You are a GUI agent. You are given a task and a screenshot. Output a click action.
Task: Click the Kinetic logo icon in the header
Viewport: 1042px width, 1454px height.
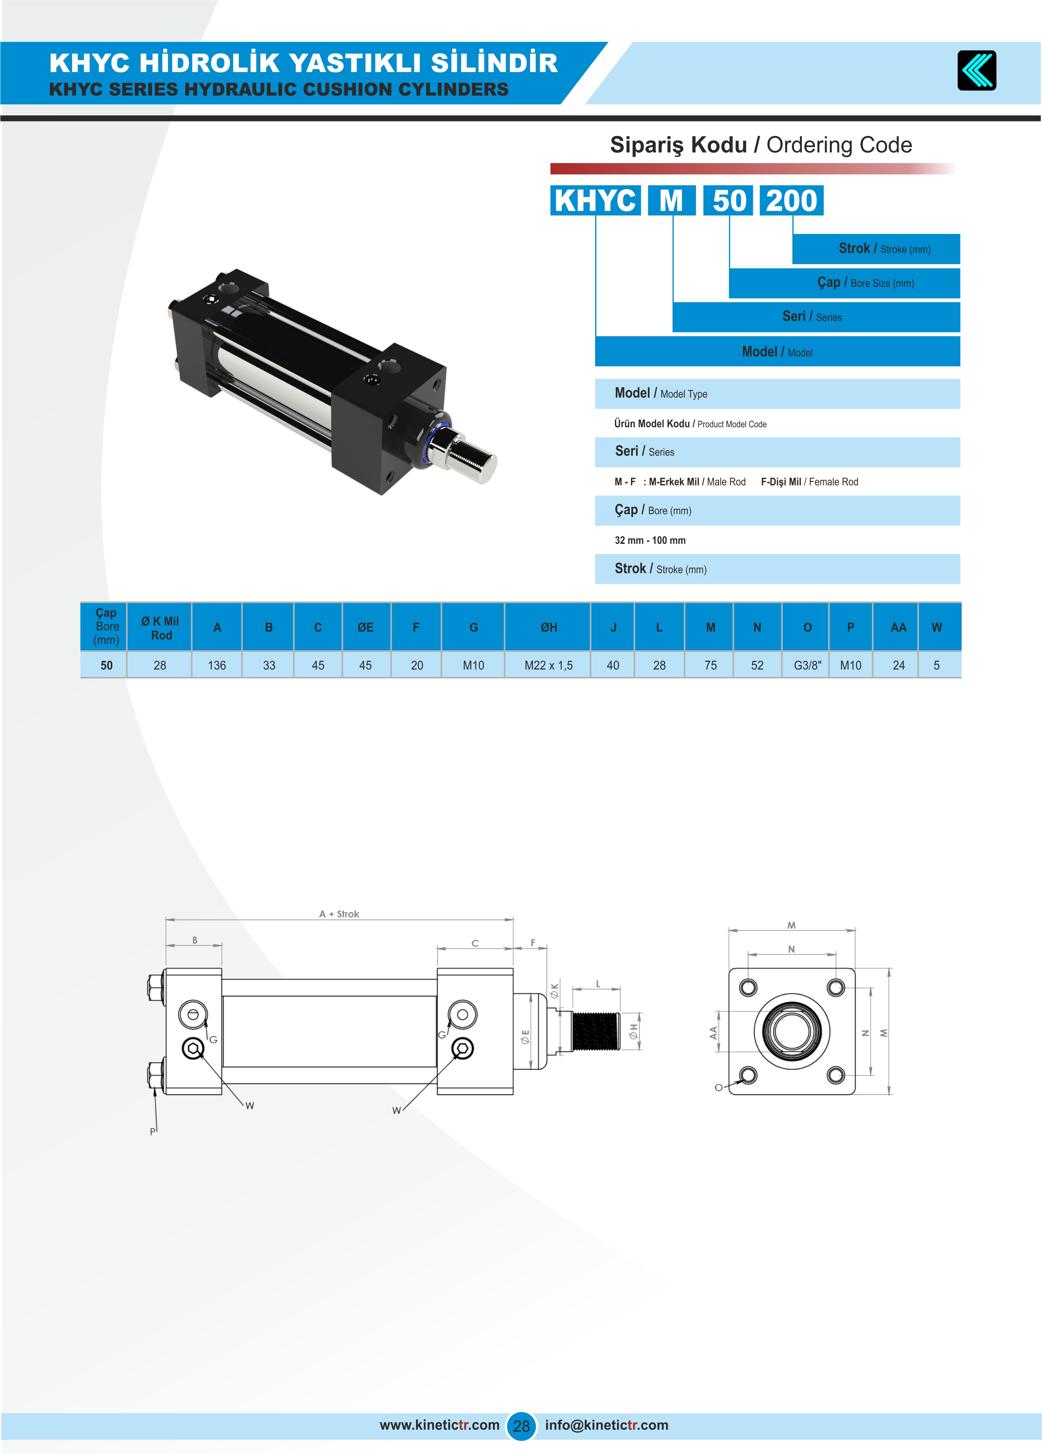(x=976, y=70)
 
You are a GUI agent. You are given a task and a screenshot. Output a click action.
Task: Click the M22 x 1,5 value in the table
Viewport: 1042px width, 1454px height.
(x=549, y=665)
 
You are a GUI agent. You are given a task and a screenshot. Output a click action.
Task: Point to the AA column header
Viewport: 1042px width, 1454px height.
(x=898, y=627)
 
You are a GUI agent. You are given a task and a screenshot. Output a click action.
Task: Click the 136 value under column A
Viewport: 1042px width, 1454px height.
(x=217, y=665)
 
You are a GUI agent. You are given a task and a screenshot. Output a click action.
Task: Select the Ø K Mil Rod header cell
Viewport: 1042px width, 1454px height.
(x=160, y=627)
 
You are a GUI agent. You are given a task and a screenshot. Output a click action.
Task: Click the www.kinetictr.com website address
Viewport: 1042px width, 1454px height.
(x=439, y=1424)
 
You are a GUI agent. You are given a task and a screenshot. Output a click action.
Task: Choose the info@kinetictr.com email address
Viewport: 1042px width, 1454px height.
(x=606, y=1424)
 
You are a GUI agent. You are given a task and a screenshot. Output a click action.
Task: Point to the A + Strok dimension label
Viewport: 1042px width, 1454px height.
(x=339, y=913)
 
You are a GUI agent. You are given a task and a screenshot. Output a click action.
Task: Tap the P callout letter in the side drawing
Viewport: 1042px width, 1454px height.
(x=152, y=1131)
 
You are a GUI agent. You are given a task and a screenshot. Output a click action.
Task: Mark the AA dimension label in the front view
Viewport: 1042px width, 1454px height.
(x=713, y=1032)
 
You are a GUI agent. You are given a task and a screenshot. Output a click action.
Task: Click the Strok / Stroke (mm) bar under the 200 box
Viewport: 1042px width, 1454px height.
(x=876, y=249)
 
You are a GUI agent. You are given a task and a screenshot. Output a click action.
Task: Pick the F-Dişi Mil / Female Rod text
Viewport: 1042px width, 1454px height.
(x=809, y=482)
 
